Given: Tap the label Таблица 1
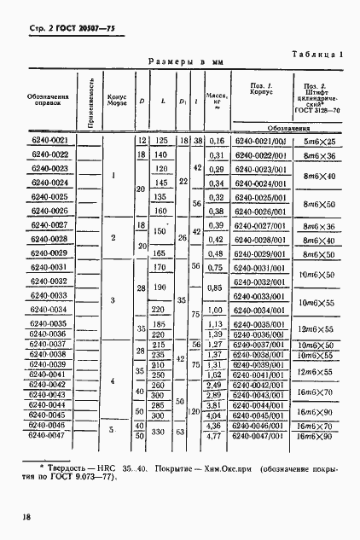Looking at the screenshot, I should tap(317, 53).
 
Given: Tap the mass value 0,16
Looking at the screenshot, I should tap(216, 141).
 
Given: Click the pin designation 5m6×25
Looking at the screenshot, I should tap(319, 141).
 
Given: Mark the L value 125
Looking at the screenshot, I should tap(159, 141).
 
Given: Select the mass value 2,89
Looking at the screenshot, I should tap(216, 396).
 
